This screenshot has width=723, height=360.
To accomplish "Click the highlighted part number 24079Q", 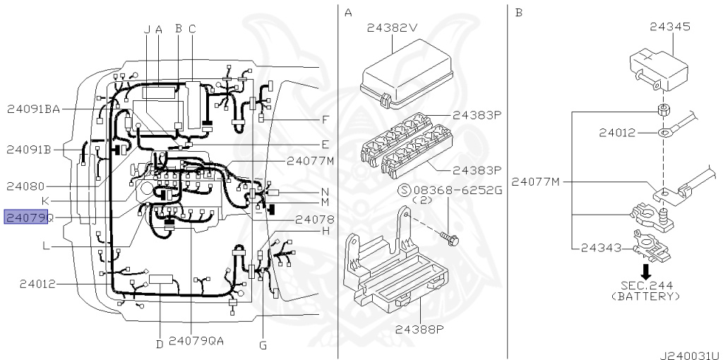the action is click(x=28, y=217).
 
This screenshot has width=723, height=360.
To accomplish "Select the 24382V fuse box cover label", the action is click(x=392, y=28).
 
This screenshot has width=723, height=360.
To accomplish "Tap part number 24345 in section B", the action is click(x=670, y=26).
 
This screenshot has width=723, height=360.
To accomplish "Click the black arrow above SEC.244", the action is click(x=647, y=270).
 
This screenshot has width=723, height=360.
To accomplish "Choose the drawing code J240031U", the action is click(x=691, y=355).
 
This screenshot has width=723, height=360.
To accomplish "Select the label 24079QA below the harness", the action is click(x=196, y=341).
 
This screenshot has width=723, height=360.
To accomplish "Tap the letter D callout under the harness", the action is click(x=160, y=344).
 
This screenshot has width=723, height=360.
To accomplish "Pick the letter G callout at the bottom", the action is click(x=263, y=344).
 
